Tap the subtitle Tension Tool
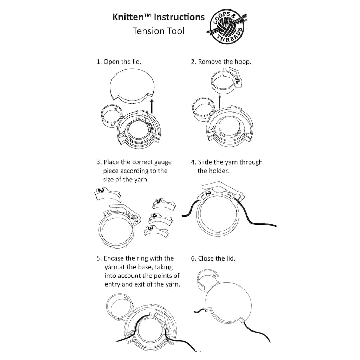pos(158,31)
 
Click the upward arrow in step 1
pos(152,105)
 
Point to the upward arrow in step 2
pos(219,102)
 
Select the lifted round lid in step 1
pos(132,84)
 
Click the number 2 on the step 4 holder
pos(207,194)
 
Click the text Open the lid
pos(122,62)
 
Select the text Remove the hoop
pos(225,62)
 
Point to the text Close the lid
pos(217,258)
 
